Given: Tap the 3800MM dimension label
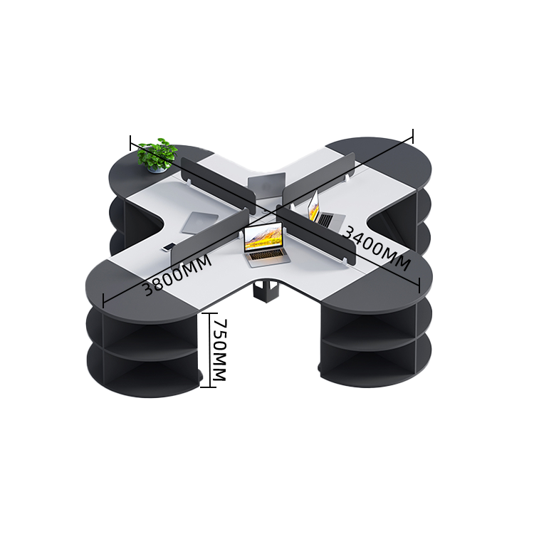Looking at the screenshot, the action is pos(177,275).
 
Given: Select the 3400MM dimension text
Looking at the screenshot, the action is pos(377,248).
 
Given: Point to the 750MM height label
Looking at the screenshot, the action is pos(219,350).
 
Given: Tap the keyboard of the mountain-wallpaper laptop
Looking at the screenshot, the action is pos(268,258).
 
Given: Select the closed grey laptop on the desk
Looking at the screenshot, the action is pos(200,223).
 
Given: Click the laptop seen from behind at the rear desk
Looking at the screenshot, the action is pos(267,186).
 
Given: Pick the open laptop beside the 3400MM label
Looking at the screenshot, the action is pos(325,212).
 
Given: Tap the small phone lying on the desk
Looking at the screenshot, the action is pos(168,247).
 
